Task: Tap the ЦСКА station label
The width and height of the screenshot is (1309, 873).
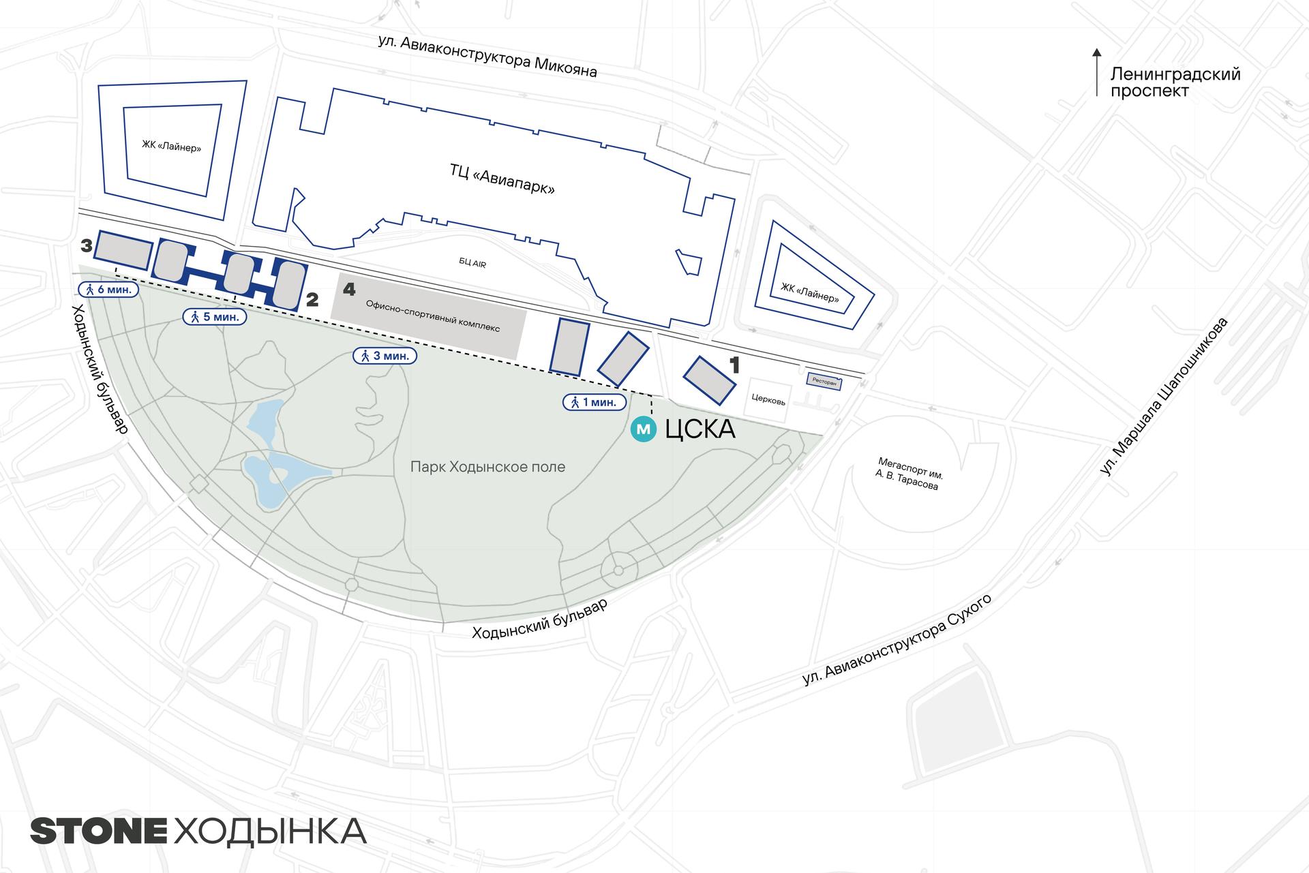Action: pos(700,429)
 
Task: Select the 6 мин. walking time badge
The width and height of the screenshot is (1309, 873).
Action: pos(109,289)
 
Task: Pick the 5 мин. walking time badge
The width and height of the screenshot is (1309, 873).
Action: pos(214,317)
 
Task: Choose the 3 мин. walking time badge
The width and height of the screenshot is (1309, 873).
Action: pos(384,355)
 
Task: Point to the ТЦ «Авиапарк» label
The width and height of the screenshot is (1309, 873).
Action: pos(502,179)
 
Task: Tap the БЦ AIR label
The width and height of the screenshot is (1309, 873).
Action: pos(472,263)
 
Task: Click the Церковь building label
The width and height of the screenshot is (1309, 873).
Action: pos(768,400)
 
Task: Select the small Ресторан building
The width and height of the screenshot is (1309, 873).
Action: pos(824,382)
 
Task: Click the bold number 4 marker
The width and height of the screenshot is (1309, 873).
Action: pos(349,290)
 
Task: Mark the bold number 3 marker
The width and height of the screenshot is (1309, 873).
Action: pos(86,245)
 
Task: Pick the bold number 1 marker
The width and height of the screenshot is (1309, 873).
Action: pos(734,366)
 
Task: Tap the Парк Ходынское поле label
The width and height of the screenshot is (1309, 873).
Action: pos(487,467)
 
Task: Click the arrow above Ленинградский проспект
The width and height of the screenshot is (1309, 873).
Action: pos(1096,71)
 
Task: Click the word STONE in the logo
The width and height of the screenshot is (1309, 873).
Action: pos(99,831)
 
